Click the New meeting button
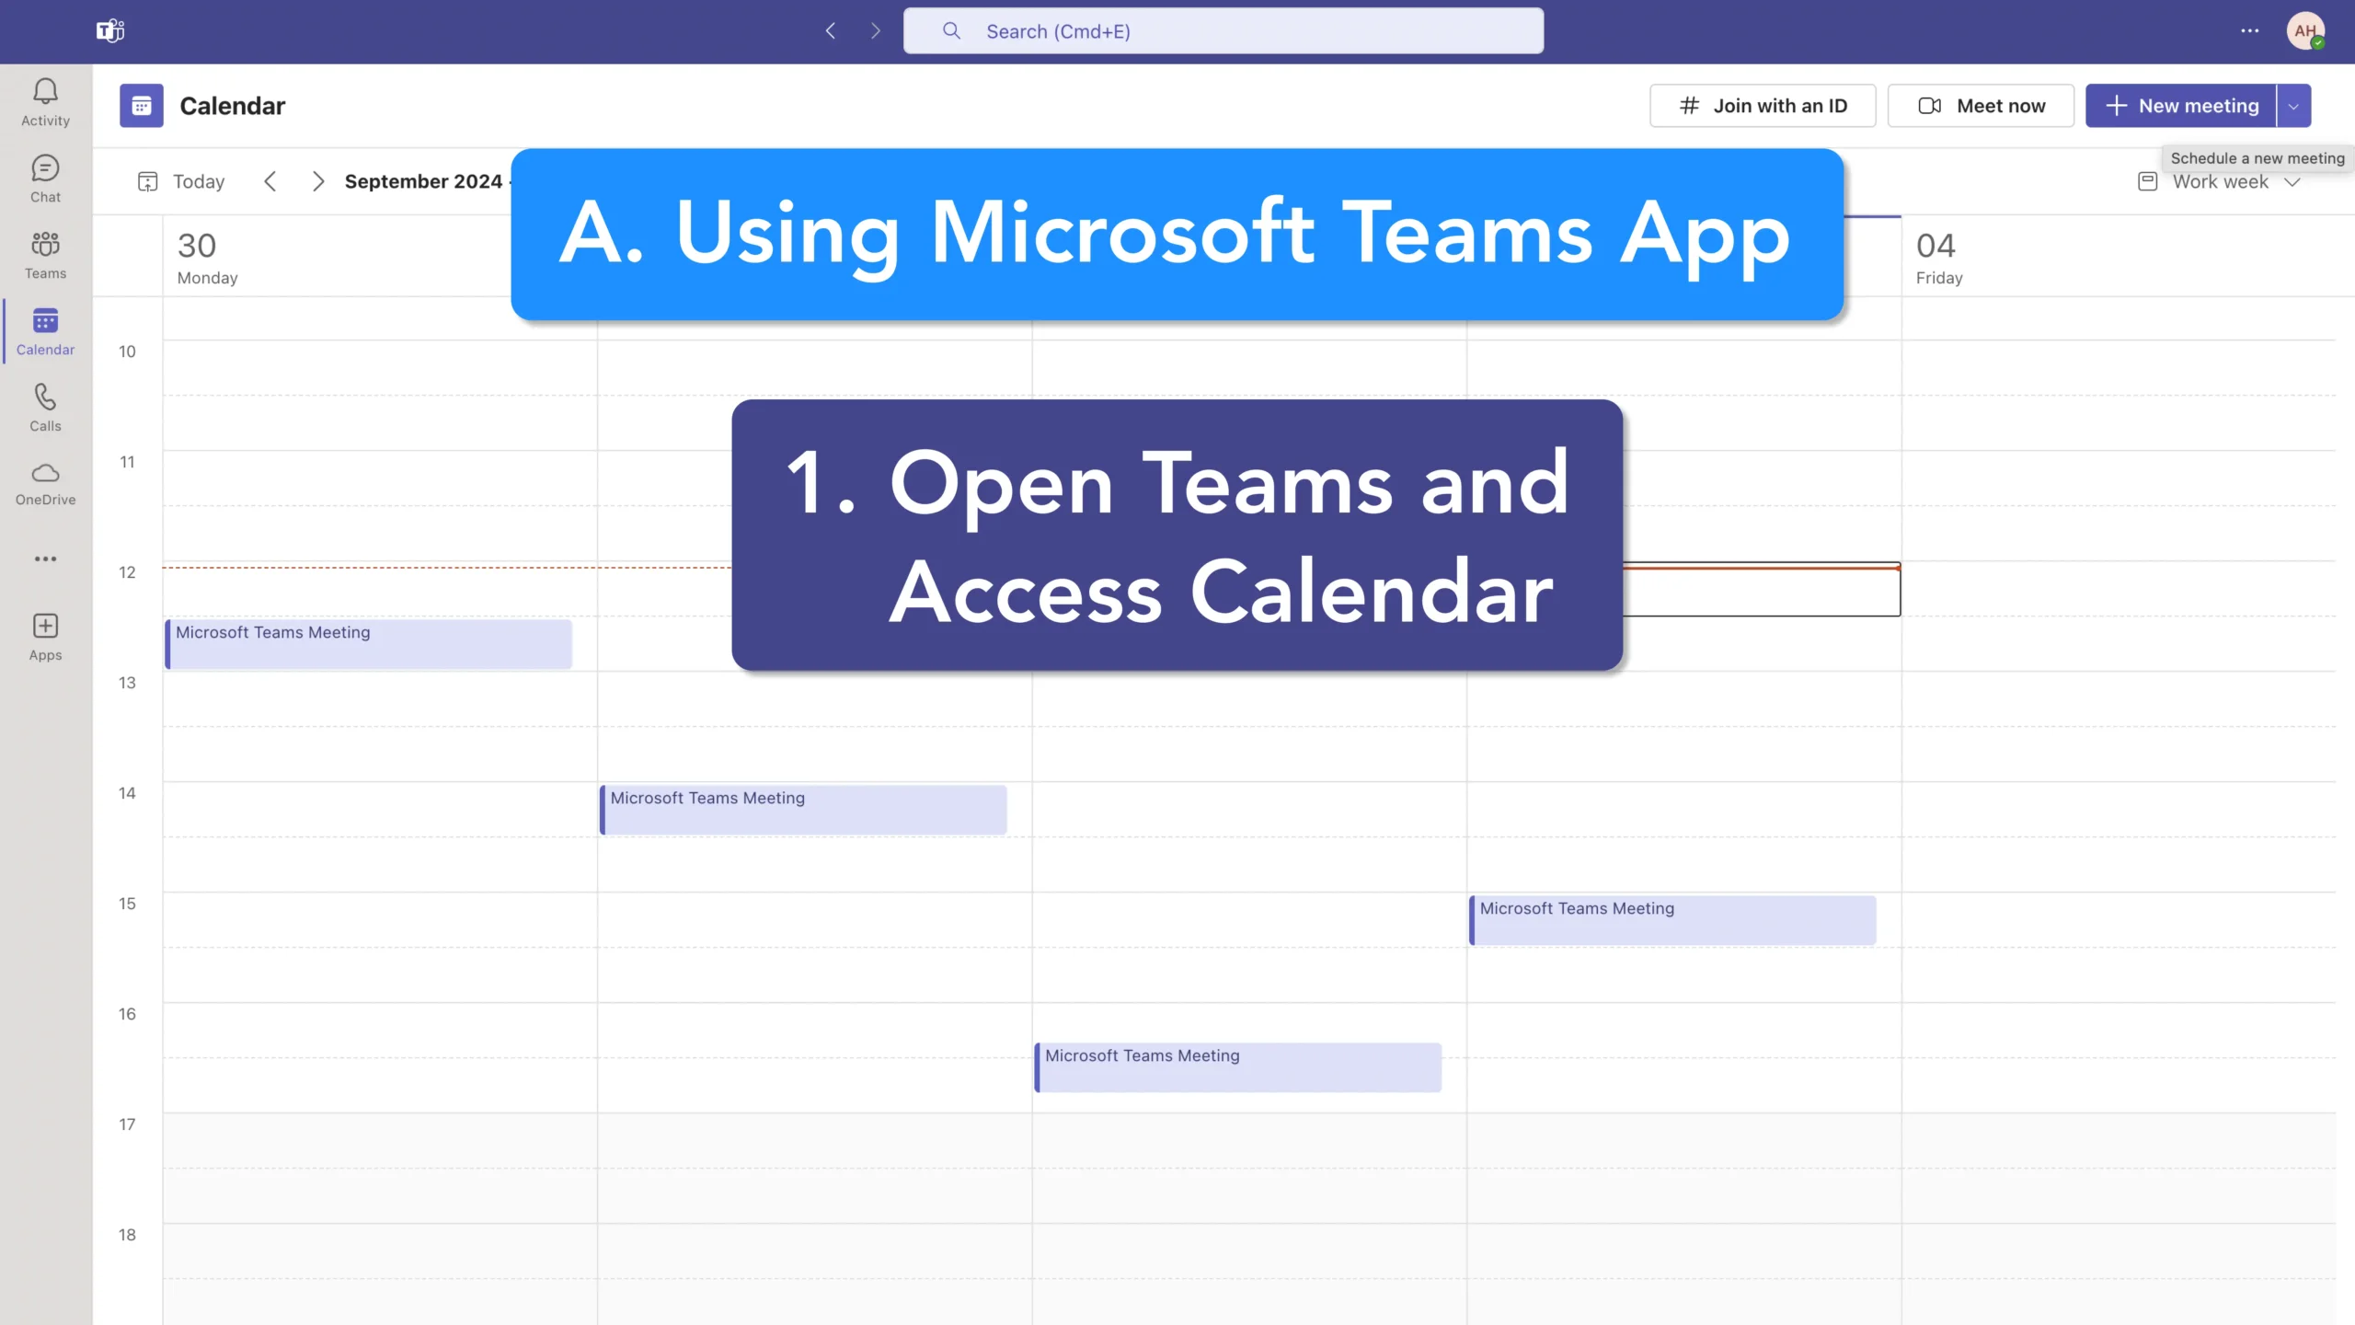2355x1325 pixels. pos(2181,106)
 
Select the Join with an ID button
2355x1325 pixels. pos(1763,106)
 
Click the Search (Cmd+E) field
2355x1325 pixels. pos(1223,31)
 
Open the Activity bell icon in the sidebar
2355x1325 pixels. pos(45,91)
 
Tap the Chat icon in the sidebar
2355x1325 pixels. pos(45,168)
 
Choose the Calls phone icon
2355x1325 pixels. pos(45,397)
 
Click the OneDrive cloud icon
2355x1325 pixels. pos(45,473)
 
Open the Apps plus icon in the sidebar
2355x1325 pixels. pos(45,626)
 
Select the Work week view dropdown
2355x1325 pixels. pos(2220,182)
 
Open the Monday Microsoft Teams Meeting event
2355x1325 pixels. pos(369,644)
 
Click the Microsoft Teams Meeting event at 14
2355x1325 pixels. pos(803,810)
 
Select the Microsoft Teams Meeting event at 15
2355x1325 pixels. pos(1672,920)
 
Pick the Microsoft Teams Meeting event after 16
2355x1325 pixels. pos(1238,1067)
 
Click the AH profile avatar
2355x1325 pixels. pos(2305,31)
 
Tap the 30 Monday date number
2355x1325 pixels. pos(197,246)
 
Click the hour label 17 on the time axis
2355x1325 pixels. pos(127,1124)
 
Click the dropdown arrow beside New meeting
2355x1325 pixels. pos(2293,106)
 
